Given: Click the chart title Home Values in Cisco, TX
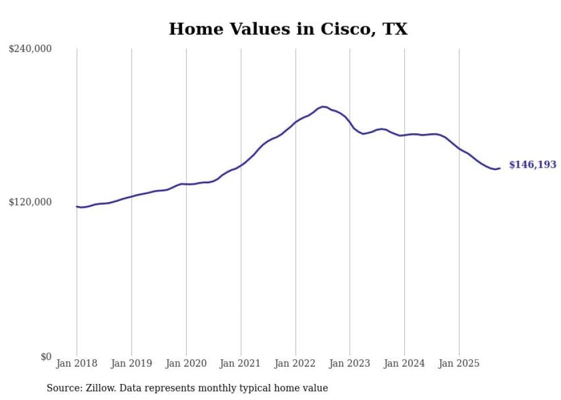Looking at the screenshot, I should (x=288, y=29).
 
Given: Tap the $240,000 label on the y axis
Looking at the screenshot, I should (x=30, y=49).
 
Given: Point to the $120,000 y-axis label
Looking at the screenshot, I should (x=30, y=202).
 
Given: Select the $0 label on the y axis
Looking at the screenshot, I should (x=46, y=357).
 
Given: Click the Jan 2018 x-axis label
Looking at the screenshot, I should (x=77, y=363).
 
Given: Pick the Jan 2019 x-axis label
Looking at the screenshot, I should (x=131, y=363).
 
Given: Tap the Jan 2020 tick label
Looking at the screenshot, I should (x=186, y=363).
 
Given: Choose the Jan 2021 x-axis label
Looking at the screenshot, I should (x=240, y=363).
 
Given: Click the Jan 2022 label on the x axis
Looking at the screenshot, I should (x=295, y=363).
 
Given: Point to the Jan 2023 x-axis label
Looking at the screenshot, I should (x=350, y=363).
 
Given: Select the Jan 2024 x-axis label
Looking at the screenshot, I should (x=404, y=363).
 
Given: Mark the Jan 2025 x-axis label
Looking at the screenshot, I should (x=459, y=363).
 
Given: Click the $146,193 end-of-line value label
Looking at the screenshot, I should (x=532, y=165).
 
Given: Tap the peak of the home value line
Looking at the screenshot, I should (x=323, y=106).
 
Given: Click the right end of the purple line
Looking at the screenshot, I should (x=500, y=168).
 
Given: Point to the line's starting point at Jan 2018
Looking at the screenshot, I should (x=77, y=207).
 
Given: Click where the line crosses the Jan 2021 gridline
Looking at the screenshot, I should (x=240, y=165).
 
